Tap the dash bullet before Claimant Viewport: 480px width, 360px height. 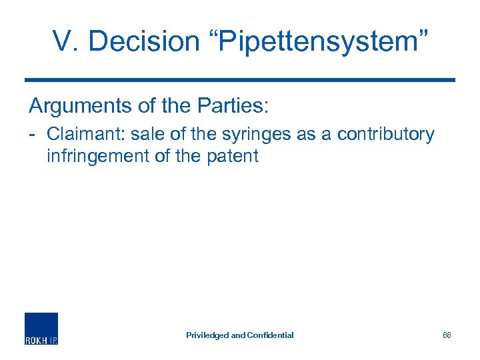click(x=33, y=135)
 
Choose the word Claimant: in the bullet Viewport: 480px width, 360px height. click(x=86, y=134)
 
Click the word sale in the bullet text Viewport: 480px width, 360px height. click(x=147, y=134)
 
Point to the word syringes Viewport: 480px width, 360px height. click(x=257, y=135)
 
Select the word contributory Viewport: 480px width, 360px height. click(x=386, y=134)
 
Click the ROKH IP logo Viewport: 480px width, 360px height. click(x=41, y=328)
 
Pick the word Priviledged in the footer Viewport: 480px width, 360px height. click(x=207, y=335)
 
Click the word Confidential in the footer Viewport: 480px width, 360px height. click(x=270, y=335)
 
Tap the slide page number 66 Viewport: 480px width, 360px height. click(x=447, y=335)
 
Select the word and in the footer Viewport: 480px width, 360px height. click(x=238, y=335)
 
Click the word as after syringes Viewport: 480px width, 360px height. click(x=306, y=134)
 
